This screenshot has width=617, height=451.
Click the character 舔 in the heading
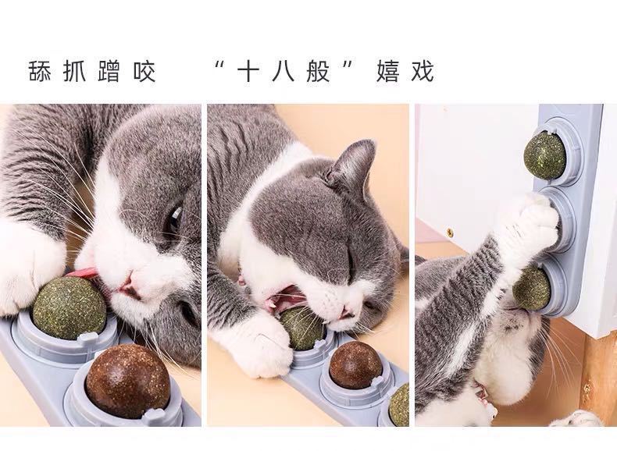pos(39,71)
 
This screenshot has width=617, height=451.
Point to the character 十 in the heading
pos(248,71)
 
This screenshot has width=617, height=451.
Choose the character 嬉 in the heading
pos(388,71)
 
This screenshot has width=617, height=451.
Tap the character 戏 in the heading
pos(423,71)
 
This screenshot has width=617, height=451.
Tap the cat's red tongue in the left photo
pos(84,273)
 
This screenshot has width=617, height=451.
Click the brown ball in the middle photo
pos(355,364)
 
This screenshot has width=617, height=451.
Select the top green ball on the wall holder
pos(544,154)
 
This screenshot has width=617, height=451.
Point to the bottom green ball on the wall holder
pos(532,287)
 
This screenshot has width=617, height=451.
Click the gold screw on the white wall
pos(449,233)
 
